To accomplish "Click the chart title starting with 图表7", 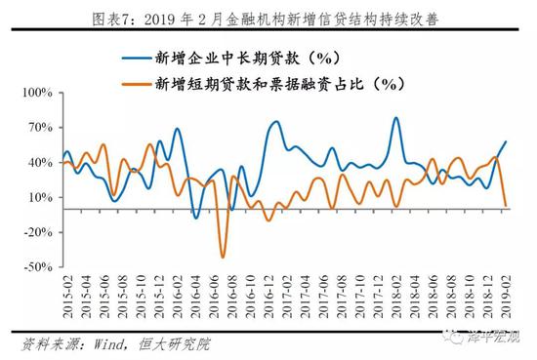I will [268, 16].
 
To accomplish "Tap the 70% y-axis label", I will [38, 128].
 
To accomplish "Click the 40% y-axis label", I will [38, 163].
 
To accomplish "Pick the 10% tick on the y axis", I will [38, 197].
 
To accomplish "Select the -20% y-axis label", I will [36, 231].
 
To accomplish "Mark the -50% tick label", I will [36, 265].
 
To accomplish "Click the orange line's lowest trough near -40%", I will [223, 257].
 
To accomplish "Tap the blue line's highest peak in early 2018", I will [395, 118].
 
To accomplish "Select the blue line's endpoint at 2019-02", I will [506, 142].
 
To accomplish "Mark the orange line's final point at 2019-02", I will [506, 206].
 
